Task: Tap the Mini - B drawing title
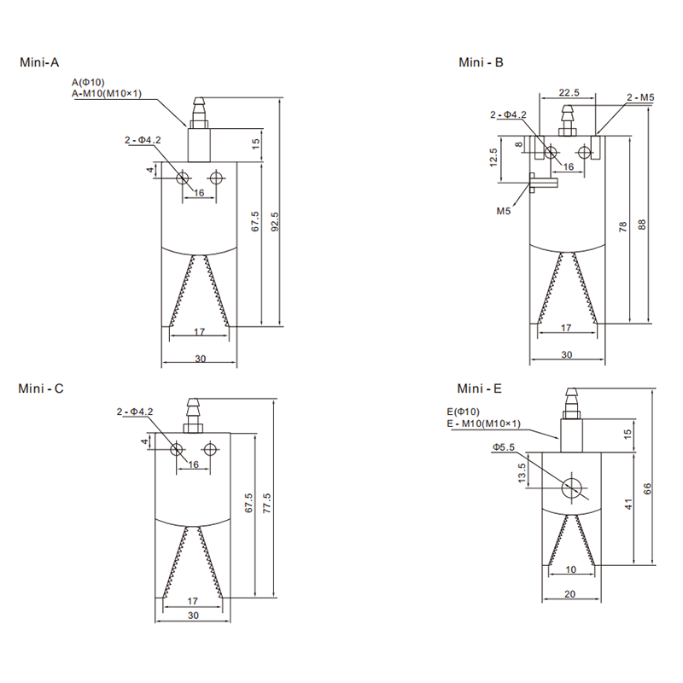point(482,62)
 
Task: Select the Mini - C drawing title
point(41,388)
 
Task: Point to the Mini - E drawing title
point(480,388)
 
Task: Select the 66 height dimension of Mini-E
point(647,489)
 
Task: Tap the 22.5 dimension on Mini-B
point(569,92)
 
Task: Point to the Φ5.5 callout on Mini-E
point(504,447)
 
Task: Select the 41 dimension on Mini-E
point(627,505)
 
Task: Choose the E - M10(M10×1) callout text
point(483,423)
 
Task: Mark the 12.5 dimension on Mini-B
point(493,158)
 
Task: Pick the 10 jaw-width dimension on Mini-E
point(570,569)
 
